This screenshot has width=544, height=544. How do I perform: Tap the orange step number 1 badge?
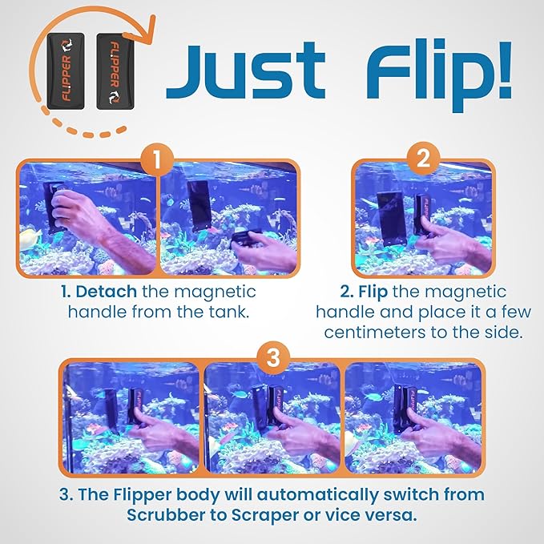tap(158, 159)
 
